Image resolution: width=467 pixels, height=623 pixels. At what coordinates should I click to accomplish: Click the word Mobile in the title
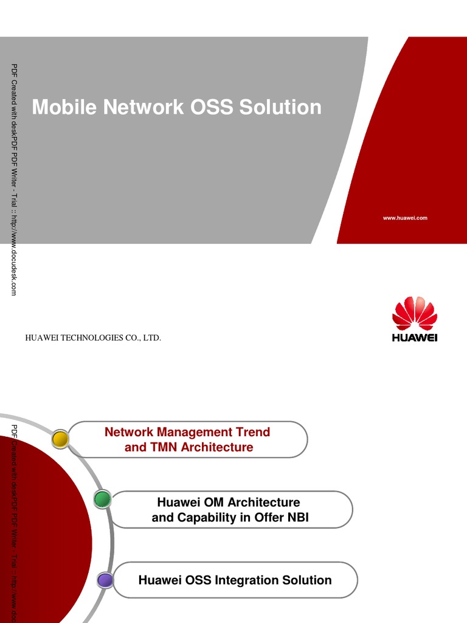(x=64, y=107)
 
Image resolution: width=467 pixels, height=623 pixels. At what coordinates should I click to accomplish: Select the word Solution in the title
(x=280, y=107)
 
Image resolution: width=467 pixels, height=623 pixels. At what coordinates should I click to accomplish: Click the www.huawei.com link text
(x=405, y=218)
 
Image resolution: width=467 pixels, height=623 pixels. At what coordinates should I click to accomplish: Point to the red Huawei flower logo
(x=415, y=313)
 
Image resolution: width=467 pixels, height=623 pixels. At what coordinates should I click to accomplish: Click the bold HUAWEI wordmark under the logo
(x=415, y=338)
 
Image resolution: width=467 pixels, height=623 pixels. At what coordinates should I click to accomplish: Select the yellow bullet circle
(x=60, y=439)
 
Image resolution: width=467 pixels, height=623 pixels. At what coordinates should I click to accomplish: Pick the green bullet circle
(x=102, y=499)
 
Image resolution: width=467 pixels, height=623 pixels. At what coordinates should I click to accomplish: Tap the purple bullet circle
(x=105, y=580)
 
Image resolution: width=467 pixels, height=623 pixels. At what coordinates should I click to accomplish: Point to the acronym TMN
(x=164, y=447)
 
